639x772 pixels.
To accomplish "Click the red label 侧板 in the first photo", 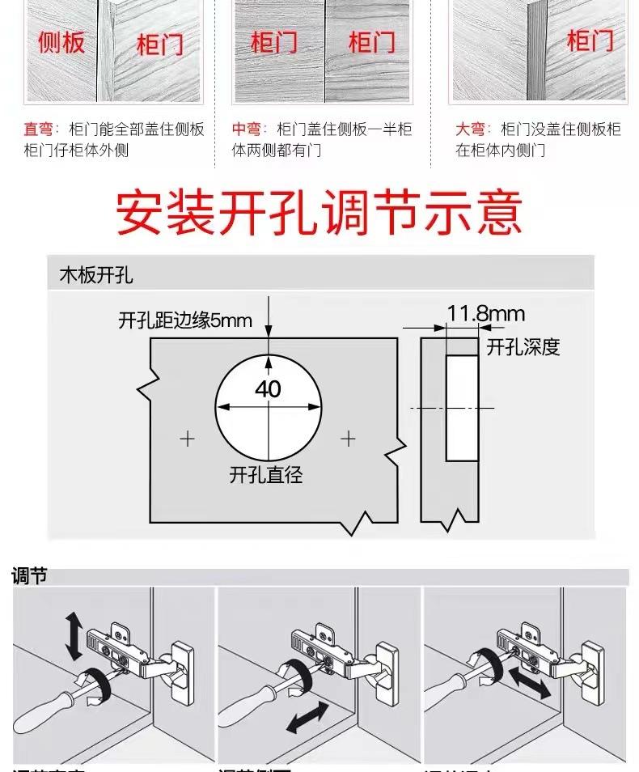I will (61, 42).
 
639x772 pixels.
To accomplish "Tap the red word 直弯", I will (37, 129).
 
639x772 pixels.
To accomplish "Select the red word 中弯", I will (247, 129).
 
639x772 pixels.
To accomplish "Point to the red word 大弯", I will (470, 129).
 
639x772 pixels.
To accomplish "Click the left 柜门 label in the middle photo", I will (273, 42).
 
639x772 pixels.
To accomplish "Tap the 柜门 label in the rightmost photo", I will (590, 40).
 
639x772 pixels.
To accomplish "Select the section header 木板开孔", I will (96, 275).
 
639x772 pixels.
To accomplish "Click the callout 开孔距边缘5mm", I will (185, 321).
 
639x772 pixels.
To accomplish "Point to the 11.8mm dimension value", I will (486, 313).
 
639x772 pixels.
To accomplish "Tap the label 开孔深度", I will (523, 347).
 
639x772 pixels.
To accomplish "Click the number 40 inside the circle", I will (268, 389).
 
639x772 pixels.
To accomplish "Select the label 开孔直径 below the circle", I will (266, 475).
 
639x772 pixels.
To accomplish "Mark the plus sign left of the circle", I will (188, 439).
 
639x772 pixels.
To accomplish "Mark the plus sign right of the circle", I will (348, 439).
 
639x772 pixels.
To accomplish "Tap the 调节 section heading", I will (30, 575).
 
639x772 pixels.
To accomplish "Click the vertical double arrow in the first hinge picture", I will (73, 635).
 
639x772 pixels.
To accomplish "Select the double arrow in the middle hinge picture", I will (307, 718).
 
